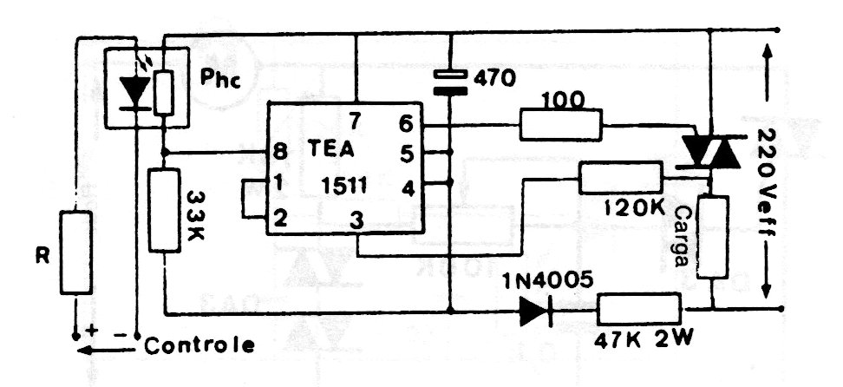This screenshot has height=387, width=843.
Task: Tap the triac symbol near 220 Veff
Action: tap(710, 151)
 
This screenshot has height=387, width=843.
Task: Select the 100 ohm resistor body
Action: tap(561, 125)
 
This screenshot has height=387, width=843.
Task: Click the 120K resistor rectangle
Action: tap(620, 178)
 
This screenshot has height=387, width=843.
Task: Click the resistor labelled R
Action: tap(75, 253)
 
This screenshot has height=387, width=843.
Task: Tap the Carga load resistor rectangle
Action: tap(712, 237)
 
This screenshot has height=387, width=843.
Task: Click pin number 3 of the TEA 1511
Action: tap(356, 220)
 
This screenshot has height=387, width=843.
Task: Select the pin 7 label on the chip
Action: tap(356, 121)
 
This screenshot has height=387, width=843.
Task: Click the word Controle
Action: tap(199, 345)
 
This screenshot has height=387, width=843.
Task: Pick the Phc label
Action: tap(220, 79)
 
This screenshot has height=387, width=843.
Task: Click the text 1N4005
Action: tap(547, 279)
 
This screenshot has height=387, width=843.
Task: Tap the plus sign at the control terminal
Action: tap(90, 331)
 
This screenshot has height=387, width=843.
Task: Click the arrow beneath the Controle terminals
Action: tap(106, 351)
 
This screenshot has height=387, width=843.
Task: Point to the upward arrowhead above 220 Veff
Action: tap(768, 54)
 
